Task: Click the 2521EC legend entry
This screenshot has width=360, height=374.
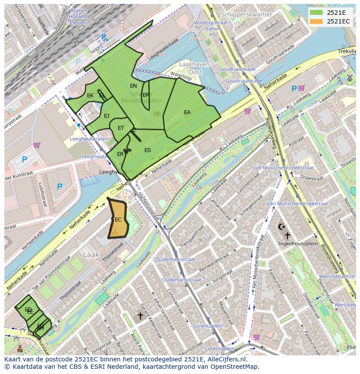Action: [332, 21]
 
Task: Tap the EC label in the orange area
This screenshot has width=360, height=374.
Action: [118, 220]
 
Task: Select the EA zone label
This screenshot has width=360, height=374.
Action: [187, 113]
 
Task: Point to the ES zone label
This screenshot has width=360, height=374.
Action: [147, 150]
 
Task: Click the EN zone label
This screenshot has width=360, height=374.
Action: [133, 86]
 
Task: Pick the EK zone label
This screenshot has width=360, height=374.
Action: [90, 96]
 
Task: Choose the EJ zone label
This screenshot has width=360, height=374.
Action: [107, 116]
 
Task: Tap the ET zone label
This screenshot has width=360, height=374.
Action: [121, 128]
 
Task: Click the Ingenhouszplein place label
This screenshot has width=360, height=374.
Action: [298, 244]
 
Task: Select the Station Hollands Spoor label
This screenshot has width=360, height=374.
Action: [80, 16]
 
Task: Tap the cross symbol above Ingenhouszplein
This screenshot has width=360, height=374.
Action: [287, 235]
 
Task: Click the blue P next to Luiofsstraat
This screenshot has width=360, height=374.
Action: [59, 187]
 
